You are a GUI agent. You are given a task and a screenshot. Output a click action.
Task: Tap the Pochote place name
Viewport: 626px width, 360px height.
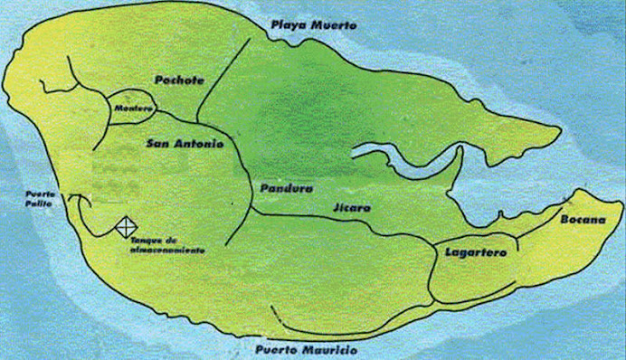179,80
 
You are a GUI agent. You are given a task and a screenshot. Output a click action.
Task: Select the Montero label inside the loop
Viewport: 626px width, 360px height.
131,109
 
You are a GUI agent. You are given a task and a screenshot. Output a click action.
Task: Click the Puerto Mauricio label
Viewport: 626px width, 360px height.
307,348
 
